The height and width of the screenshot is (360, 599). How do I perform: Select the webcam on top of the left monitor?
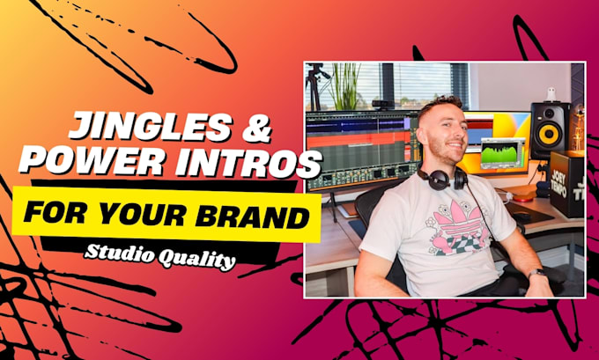tap(381, 104)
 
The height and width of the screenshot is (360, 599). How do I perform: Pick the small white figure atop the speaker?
tap(551, 94)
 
